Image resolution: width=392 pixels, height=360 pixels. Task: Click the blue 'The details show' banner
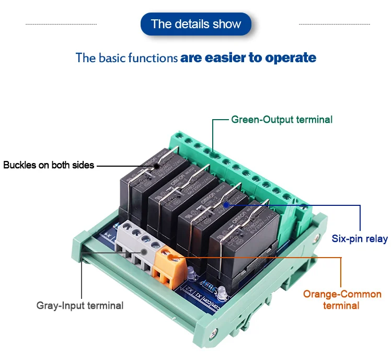click(196, 24)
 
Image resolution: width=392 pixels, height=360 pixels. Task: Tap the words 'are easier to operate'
click(248, 57)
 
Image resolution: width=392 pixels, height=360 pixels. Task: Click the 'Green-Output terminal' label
click(282, 120)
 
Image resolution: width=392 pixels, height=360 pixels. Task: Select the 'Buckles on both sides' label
click(49, 165)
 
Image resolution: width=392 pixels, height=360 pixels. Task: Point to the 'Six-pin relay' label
click(360, 239)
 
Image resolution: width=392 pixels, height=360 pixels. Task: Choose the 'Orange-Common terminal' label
click(342, 299)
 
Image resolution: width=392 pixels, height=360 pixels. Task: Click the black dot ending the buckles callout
click(155, 166)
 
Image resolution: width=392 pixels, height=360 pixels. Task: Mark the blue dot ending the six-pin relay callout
click(226, 205)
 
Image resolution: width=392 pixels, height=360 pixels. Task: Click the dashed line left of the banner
click(61, 24)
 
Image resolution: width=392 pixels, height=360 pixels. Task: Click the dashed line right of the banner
click(334, 24)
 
